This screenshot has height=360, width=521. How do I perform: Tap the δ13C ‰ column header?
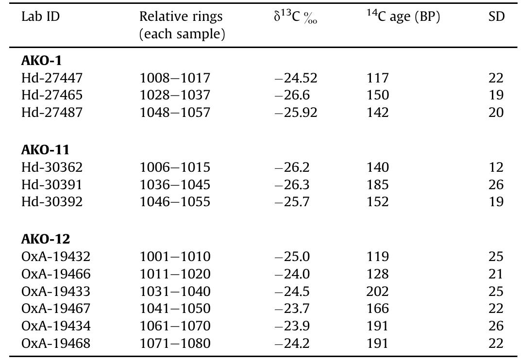(295, 17)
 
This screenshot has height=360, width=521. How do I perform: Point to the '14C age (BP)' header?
(403, 17)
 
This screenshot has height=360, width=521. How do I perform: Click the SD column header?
(496, 17)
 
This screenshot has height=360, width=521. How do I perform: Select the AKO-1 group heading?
(41, 61)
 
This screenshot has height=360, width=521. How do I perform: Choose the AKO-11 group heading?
(45, 150)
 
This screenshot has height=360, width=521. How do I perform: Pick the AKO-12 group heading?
(46, 239)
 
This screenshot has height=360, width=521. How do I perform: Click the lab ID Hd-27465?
(52, 95)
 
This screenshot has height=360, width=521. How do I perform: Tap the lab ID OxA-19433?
(56, 292)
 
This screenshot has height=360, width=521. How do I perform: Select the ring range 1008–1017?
(175, 78)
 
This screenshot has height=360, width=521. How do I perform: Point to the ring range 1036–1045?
(175, 185)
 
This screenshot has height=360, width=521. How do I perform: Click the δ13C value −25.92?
(295, 113)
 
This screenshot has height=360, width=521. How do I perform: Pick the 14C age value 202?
(378, 292)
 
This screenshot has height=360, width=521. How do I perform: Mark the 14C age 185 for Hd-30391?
(378, 185)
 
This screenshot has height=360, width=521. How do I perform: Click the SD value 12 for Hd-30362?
(496, 167)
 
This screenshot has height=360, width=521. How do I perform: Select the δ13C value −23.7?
(292, 309)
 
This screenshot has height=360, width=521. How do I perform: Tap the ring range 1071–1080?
(175, 344)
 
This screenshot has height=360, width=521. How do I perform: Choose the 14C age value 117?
(378, 78)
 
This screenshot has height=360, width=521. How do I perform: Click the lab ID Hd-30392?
(52, 202)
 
